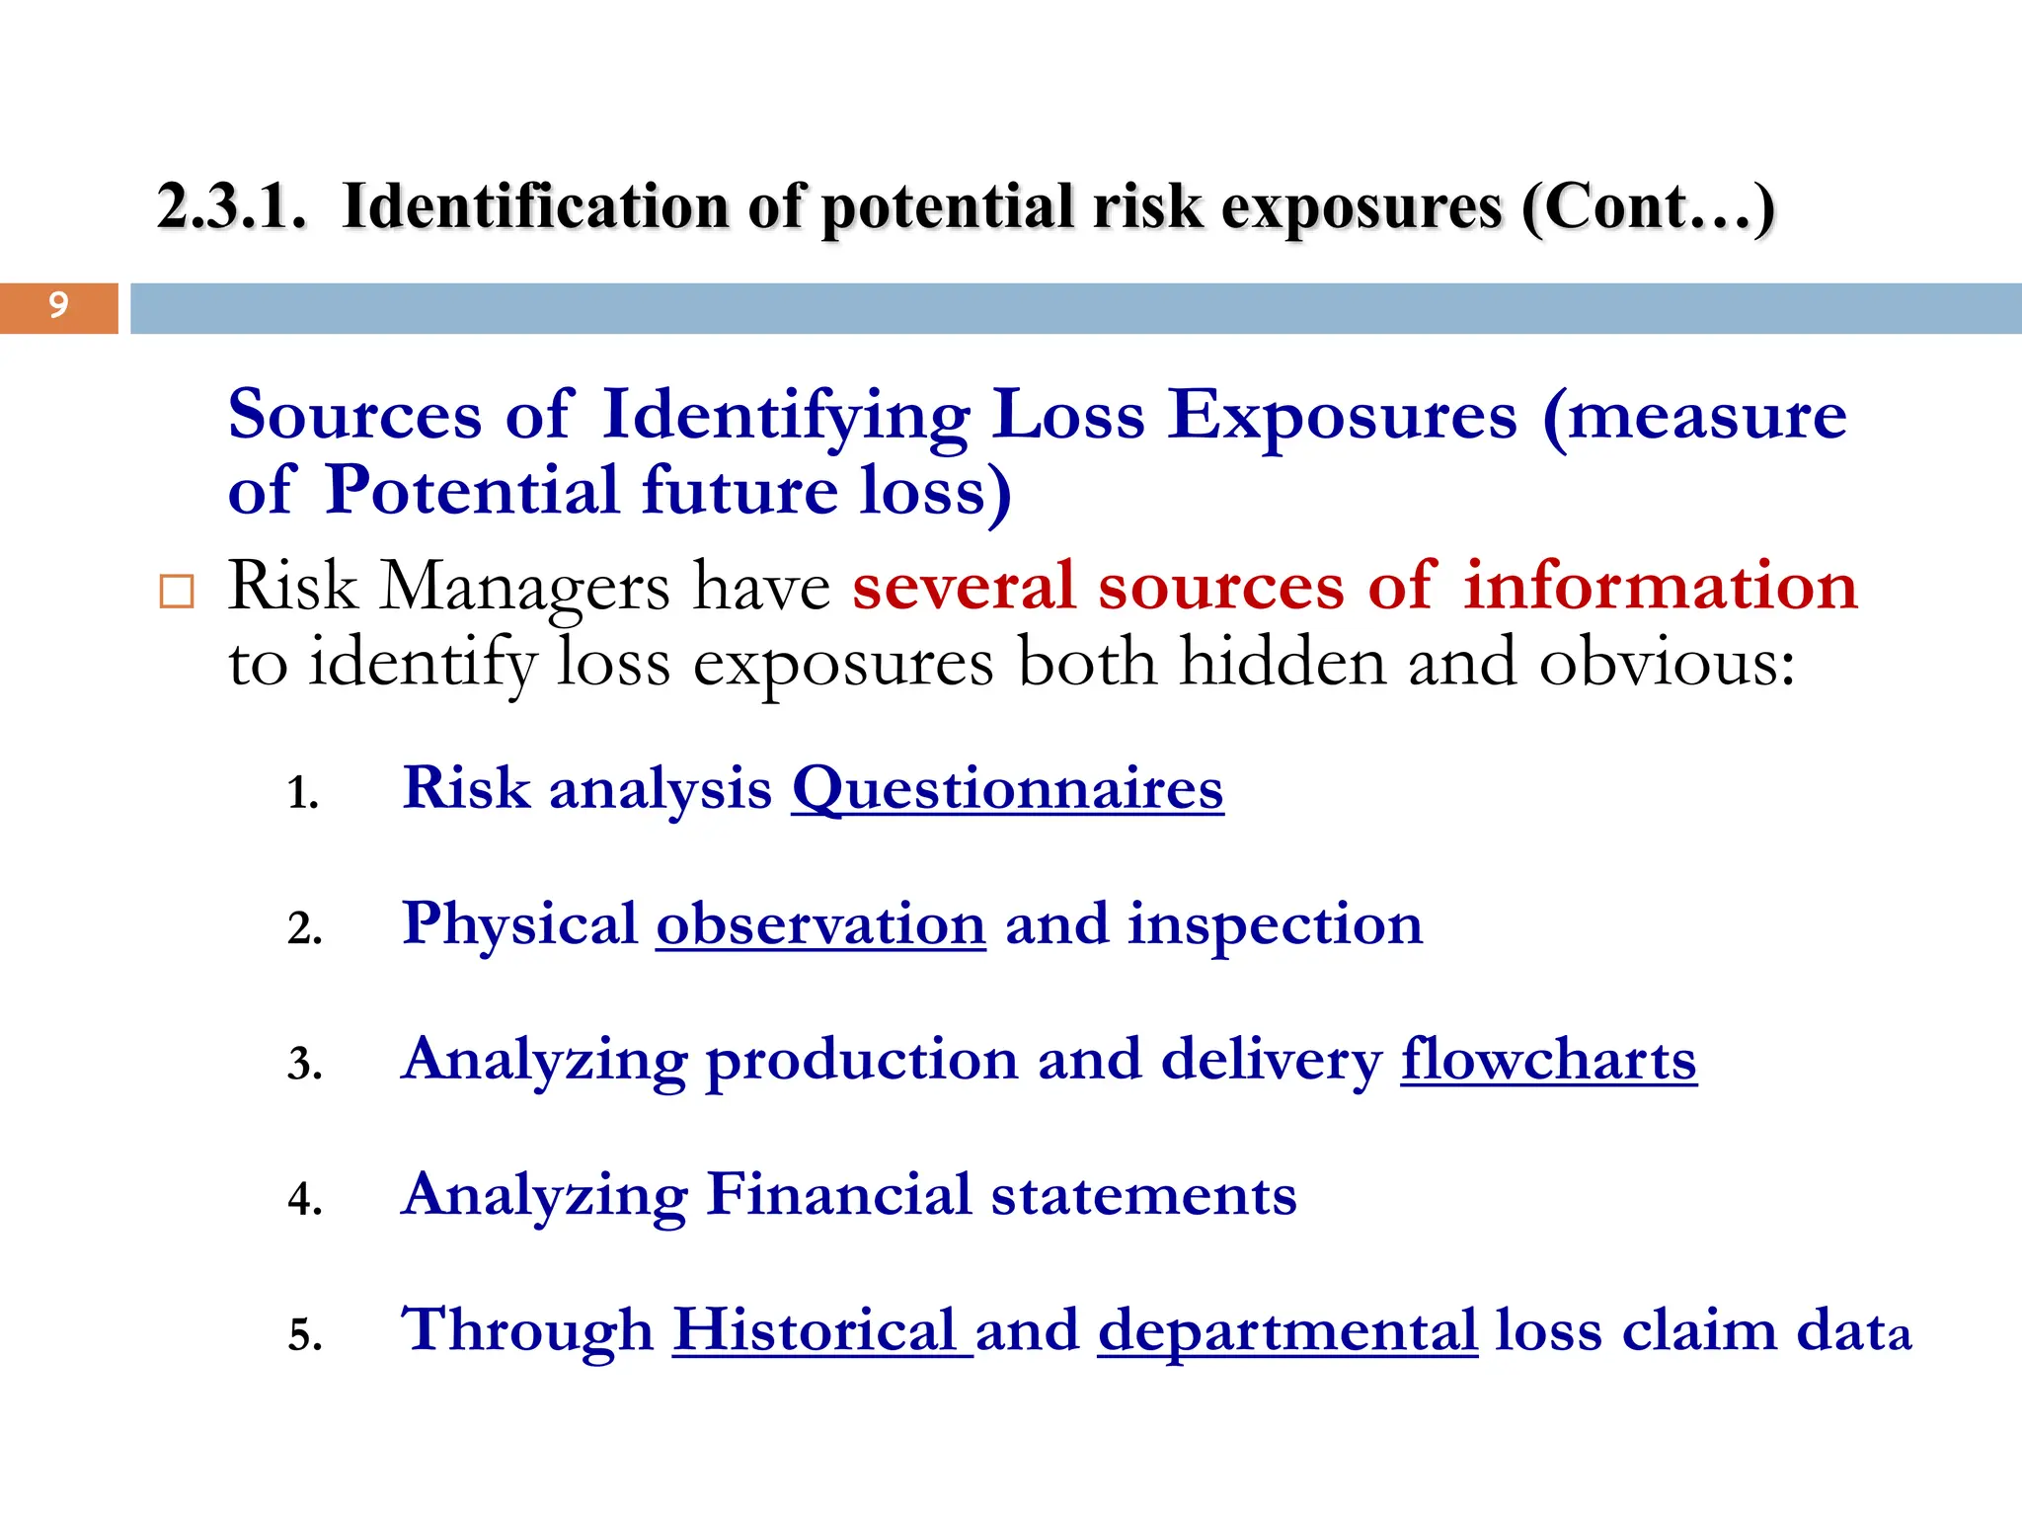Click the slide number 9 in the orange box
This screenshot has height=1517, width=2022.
tap(58, 305)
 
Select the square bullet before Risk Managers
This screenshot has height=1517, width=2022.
tap(177, 592)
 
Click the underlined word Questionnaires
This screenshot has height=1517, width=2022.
tap(1007, 789)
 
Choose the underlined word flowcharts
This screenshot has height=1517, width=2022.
tap(1548, 1060)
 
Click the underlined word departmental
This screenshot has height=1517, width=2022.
tap(1287, 1330)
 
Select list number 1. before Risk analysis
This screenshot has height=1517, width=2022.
tap(303, 793)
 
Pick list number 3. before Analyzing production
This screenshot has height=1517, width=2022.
tap(304, 1065)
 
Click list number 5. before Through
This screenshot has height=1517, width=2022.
tap(304, 1335)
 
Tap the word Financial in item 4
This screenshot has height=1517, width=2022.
tap(839, 1195)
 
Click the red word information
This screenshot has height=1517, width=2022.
tap(1660, 586)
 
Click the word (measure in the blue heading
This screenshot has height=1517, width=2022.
tap(1694, 415)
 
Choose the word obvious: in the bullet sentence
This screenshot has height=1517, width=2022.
tap(1667, 663)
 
